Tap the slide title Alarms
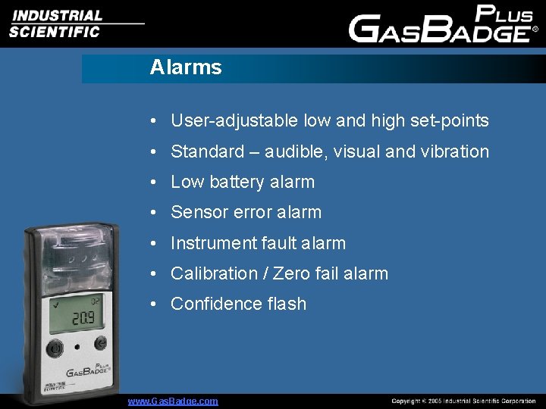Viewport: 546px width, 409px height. (x=186, y=67)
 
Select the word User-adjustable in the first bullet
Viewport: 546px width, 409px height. (x=234, y=120)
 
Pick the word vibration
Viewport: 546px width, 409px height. (x=455, y=151)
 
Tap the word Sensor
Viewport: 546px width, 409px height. (x=196, y=212)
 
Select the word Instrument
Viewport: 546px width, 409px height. (x=213, y=243)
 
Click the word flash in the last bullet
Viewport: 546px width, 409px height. (x=287, y=304)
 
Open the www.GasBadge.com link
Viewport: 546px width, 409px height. (x=173, y=401)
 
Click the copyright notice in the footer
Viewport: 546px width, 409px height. (x=463, y=401)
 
